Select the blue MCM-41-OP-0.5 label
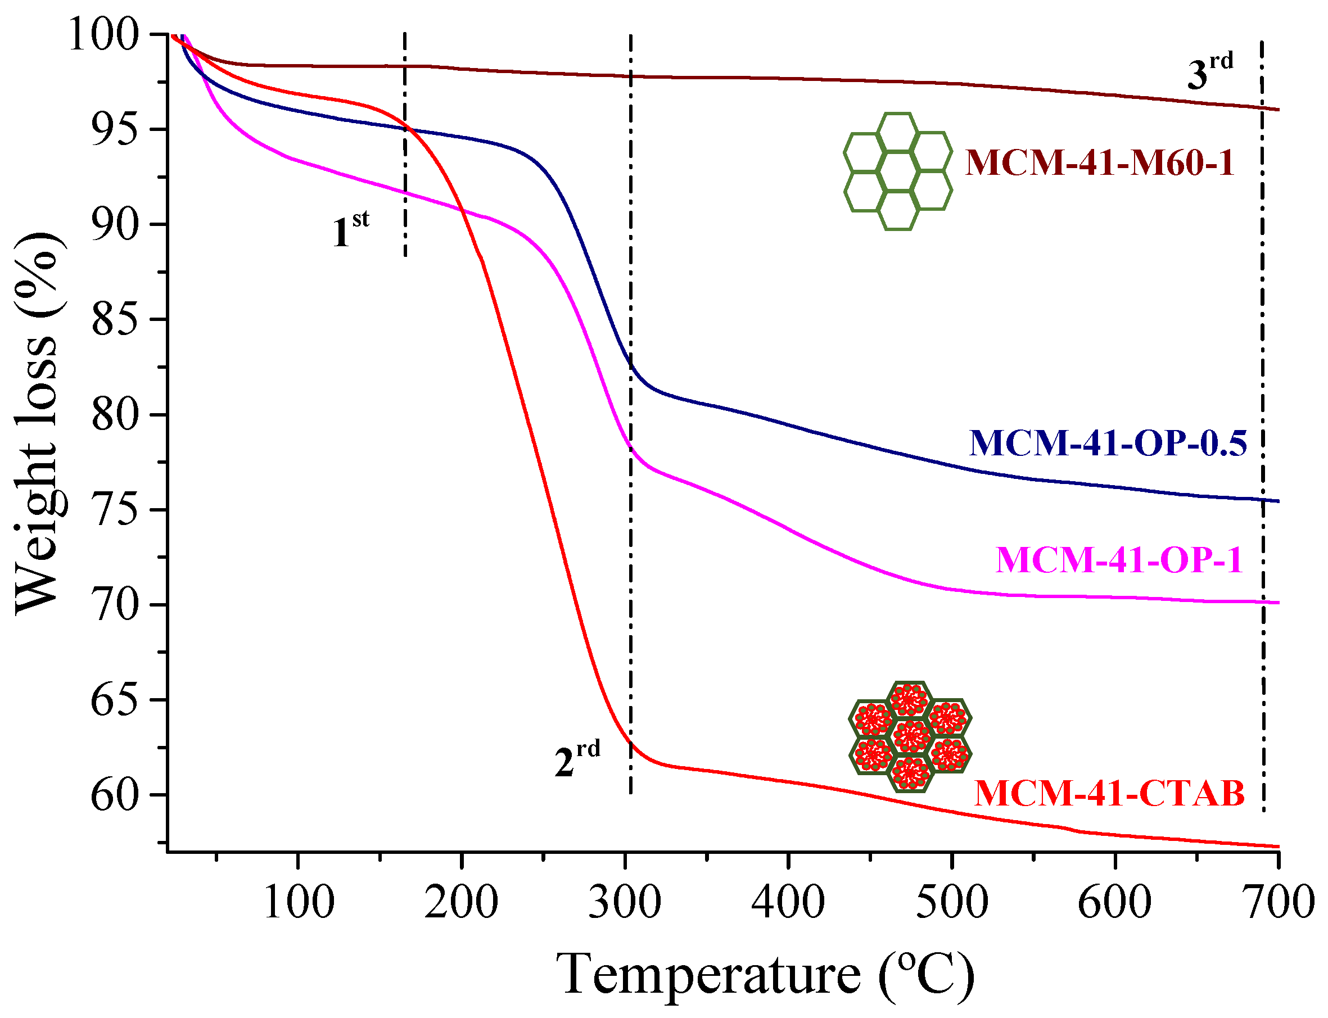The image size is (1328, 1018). tap(1108, 443)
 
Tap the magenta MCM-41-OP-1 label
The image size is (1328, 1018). tap(1119, 559)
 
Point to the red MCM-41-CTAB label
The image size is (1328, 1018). tap(1109, 793)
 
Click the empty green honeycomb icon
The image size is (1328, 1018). tap(897, 171)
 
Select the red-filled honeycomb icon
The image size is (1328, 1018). tap(909, 736)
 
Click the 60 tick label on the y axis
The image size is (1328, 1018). tap(115, 795)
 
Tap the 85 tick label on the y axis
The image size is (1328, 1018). tap(115, 320)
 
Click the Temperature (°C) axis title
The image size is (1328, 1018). tap(765, 974)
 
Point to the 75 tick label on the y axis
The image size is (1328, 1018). tap(115, 510)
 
